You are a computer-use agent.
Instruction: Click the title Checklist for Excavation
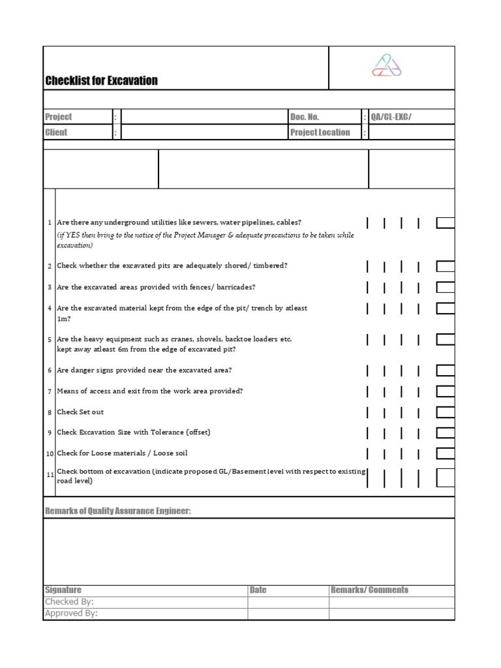[x=101, y=81]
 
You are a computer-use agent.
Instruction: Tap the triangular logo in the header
[x=386, y=66]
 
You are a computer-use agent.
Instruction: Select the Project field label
[x=59, y=117]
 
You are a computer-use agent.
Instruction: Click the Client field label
[x=56, y=132]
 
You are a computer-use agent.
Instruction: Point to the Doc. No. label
[x=305, y=117]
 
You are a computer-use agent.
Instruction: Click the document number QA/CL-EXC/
[x=391, y=117]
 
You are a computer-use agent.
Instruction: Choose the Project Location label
[x=320, y=132]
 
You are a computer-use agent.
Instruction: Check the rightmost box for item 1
[x=446, y=223]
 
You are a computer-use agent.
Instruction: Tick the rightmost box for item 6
[x=446, y=371]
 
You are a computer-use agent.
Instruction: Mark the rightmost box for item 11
[x=446, y=478]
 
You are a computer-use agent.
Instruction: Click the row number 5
[x=50, y=340]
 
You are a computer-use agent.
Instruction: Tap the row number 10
[x=50, y=453]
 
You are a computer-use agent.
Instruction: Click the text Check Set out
[x=80, y=412]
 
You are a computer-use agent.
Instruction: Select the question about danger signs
[x=144, y=371]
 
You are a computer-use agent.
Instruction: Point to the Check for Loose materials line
[x=122, y=453]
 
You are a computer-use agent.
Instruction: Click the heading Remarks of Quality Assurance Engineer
[x=118, y=511]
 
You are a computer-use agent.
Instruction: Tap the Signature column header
[x=63, y=590]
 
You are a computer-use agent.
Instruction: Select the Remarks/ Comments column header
[x=369, y=590]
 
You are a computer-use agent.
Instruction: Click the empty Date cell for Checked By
[x=288, y=602]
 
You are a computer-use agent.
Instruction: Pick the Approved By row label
[x=71, y=613]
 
